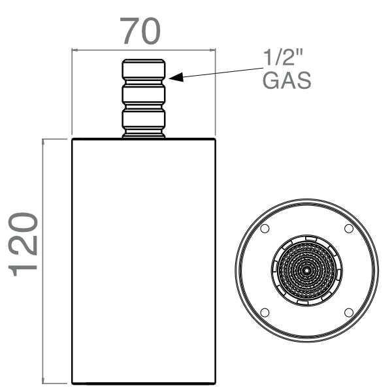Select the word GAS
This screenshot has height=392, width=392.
[x=286, y=81]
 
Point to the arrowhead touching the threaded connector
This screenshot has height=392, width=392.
[x=174, y=78]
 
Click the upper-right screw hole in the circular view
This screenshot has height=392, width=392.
[x=348, y=228]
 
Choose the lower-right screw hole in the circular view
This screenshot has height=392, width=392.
[x=348, y=312]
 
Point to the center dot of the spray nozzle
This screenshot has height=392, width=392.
[x=306, y=270]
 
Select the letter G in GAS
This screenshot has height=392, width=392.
[x=270, y=81]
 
